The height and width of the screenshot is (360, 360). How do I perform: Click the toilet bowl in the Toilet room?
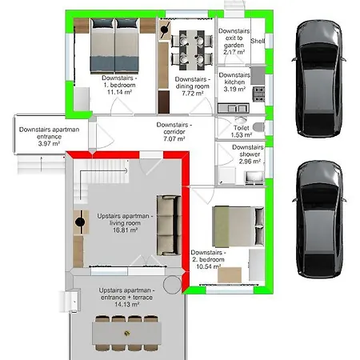click(x=258, y=127)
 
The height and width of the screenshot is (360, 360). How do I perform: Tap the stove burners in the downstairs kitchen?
click(x=258, y=94)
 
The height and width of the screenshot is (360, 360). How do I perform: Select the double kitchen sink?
click(x=234, y=108)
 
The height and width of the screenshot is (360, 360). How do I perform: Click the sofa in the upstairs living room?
click(x=169, y=226)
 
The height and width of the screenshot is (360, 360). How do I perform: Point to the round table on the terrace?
click(x=172, y=285)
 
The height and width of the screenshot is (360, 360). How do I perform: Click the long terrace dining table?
click(x=127, y=334)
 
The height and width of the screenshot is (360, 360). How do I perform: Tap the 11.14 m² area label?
click(x=119, y=92)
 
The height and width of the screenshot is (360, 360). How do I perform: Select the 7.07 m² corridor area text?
click(x=174, y=138)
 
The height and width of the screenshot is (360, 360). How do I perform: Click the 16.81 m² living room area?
click(x=125, y=230)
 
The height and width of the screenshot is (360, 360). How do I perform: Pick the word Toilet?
click(x=242, y=128)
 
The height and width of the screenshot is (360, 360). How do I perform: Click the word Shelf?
click(x=258, y=41)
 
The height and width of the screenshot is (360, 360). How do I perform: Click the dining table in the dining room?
click(x=192, y=50)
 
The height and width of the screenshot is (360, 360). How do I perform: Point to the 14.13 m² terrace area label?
click(x=127, y=304)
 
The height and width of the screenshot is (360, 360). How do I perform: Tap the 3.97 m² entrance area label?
click(x=49, y=144)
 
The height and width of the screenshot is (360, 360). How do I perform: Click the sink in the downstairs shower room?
click(x=254, y=177)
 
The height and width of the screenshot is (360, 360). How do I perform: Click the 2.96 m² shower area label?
click(x=250, y=162)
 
